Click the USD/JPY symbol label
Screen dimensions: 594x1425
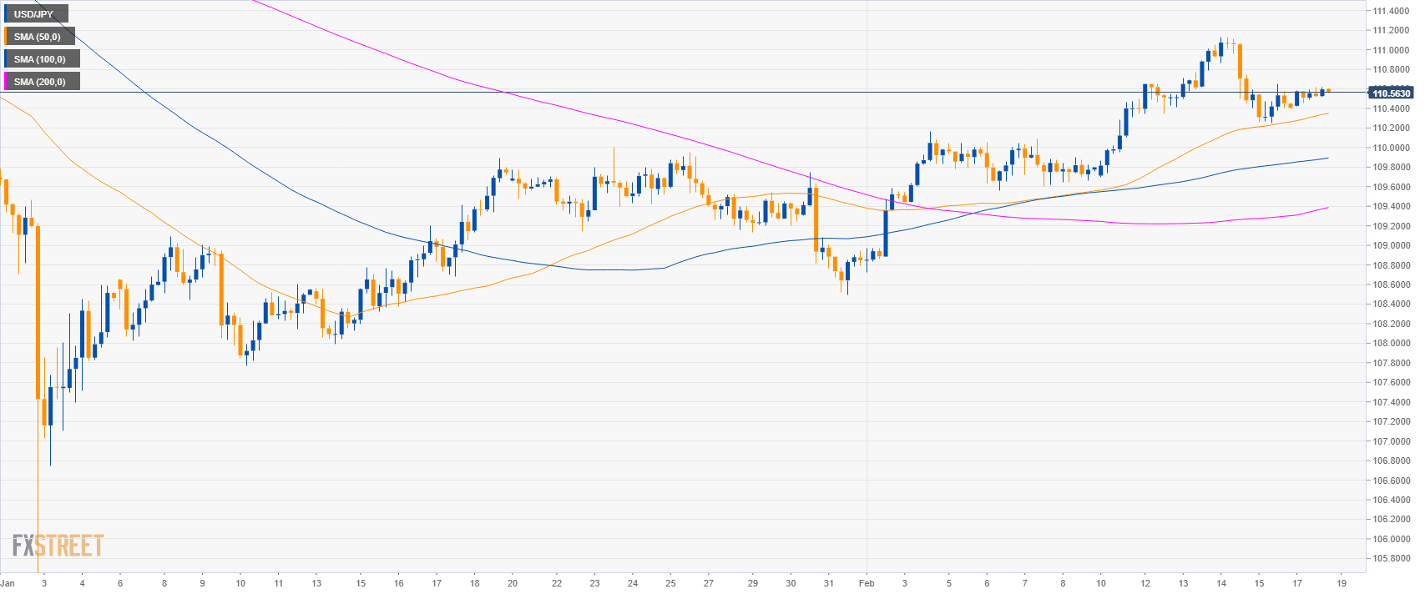(33, 14)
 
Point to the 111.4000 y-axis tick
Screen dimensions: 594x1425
(1391, 11)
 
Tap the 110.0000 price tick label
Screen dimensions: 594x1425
(1391, 148)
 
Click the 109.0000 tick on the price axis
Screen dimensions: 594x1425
(1391, 245)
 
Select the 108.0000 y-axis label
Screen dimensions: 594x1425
(1391, 343)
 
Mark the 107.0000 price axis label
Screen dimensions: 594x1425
(1391, 441)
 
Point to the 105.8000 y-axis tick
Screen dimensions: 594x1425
(1391, 558)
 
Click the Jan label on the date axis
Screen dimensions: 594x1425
(7, 583)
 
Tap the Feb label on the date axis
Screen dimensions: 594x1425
(867, 583)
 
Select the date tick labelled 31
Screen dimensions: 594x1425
(829, 583)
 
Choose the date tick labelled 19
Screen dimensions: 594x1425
(1341, 583)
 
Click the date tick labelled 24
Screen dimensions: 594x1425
(633, 583)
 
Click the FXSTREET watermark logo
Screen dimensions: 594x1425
(58, 546)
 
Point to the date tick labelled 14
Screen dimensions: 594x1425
(1221, 583)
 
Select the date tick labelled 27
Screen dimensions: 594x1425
(709, 583)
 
